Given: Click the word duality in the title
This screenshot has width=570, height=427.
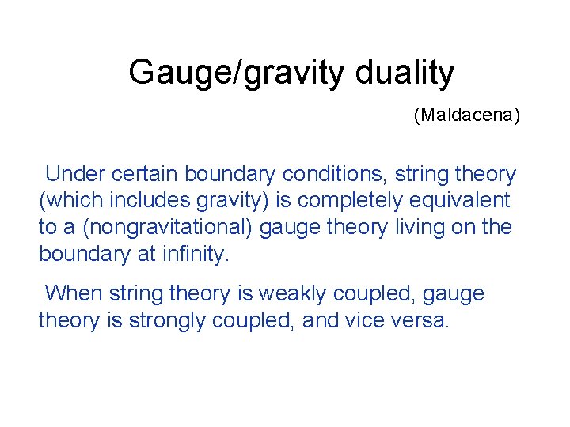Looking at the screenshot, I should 405,73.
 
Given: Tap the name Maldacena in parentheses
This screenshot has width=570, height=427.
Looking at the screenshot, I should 466,115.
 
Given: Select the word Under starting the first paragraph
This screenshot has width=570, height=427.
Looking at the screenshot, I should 74,174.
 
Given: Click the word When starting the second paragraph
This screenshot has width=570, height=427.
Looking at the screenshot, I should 74,294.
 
